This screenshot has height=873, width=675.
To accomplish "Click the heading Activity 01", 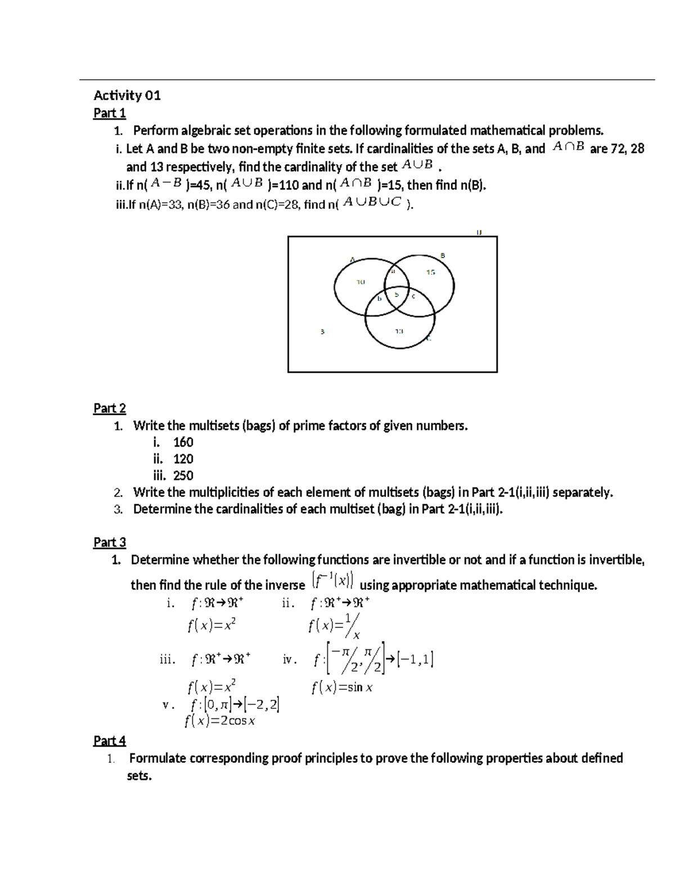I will (x=127, y=96).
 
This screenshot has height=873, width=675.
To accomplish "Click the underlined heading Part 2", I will (x=110, y=409).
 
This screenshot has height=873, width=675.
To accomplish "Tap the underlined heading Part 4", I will (x=110, y=740).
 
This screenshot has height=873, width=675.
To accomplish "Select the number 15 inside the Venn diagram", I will (x=430, y=273).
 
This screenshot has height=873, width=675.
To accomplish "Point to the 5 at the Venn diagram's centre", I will (x=397, y=294).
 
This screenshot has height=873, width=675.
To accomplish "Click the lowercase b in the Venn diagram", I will (x=380, y=298).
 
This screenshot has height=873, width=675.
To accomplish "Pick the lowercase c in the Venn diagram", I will (x=413, y=296).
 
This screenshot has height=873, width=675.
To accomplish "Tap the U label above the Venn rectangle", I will (x=479, y=232).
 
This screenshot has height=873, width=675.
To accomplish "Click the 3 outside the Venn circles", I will (x=322, y=332).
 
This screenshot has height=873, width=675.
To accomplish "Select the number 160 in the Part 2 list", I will (x=183, y=442).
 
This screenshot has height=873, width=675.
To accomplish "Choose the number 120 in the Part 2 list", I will (x=183, y=459).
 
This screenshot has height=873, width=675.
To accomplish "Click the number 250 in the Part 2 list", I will (x=183, y=476).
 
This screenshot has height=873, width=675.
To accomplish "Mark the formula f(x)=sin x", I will (x=342, y=687).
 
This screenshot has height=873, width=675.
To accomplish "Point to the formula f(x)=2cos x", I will (x=220, y=721).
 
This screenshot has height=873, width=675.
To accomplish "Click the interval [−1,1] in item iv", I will (x=415, y=659).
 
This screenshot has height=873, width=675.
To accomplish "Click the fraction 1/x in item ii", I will (x=353, y=626).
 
